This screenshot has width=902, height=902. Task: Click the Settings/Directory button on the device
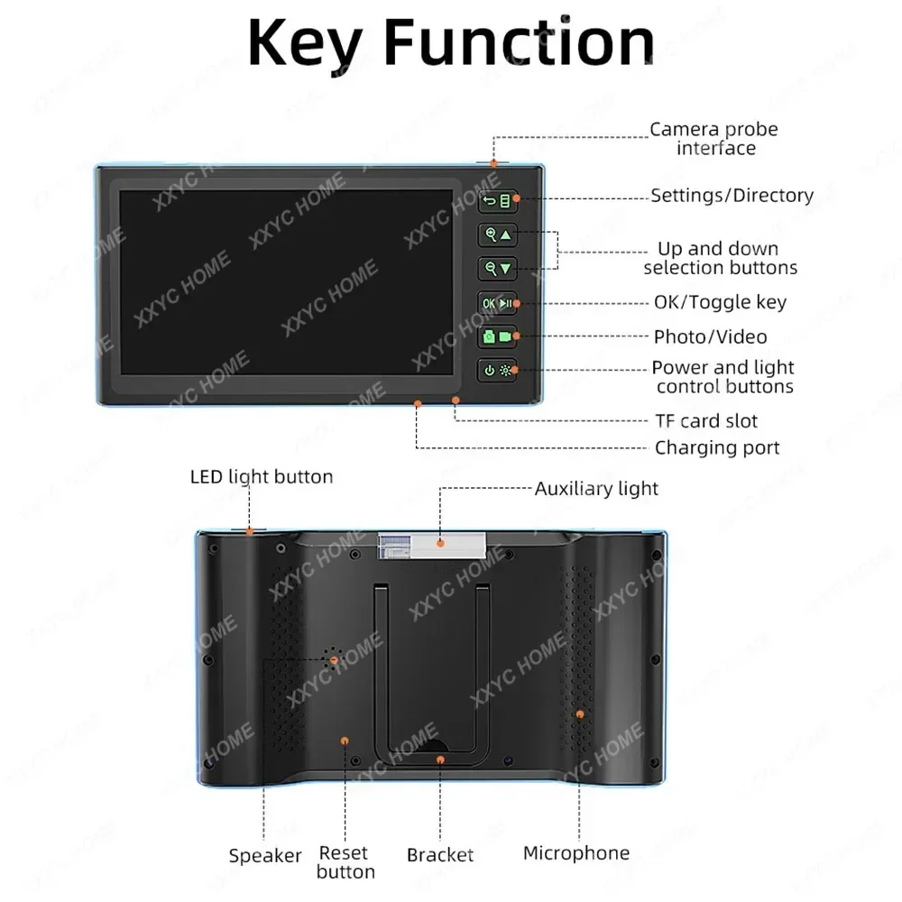coord(497,201)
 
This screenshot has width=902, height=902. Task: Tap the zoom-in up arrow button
coord(497,235)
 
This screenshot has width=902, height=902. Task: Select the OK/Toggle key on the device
coord(497,303)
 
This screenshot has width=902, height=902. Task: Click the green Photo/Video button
coord(497,336)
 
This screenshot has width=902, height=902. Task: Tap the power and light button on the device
coord(497,370)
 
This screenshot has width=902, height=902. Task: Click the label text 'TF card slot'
coord(705,421)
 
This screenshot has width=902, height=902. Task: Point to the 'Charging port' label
coord(717,447)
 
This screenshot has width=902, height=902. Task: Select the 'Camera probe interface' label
coord(713,139)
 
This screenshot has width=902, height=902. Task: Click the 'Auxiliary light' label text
coord(596,489)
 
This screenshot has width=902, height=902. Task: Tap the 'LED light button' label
coord(262,476)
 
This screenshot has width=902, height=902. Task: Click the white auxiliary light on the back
coord(431,542)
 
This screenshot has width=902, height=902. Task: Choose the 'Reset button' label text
coord(345,861)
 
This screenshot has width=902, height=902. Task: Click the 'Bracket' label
coord(440,855)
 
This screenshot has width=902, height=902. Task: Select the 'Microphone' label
coord(576,852)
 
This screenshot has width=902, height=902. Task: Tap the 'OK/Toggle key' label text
coord(720,303)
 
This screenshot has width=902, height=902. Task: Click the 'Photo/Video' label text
coord(710,337)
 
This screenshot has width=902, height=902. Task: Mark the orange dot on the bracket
coord(440,759)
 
